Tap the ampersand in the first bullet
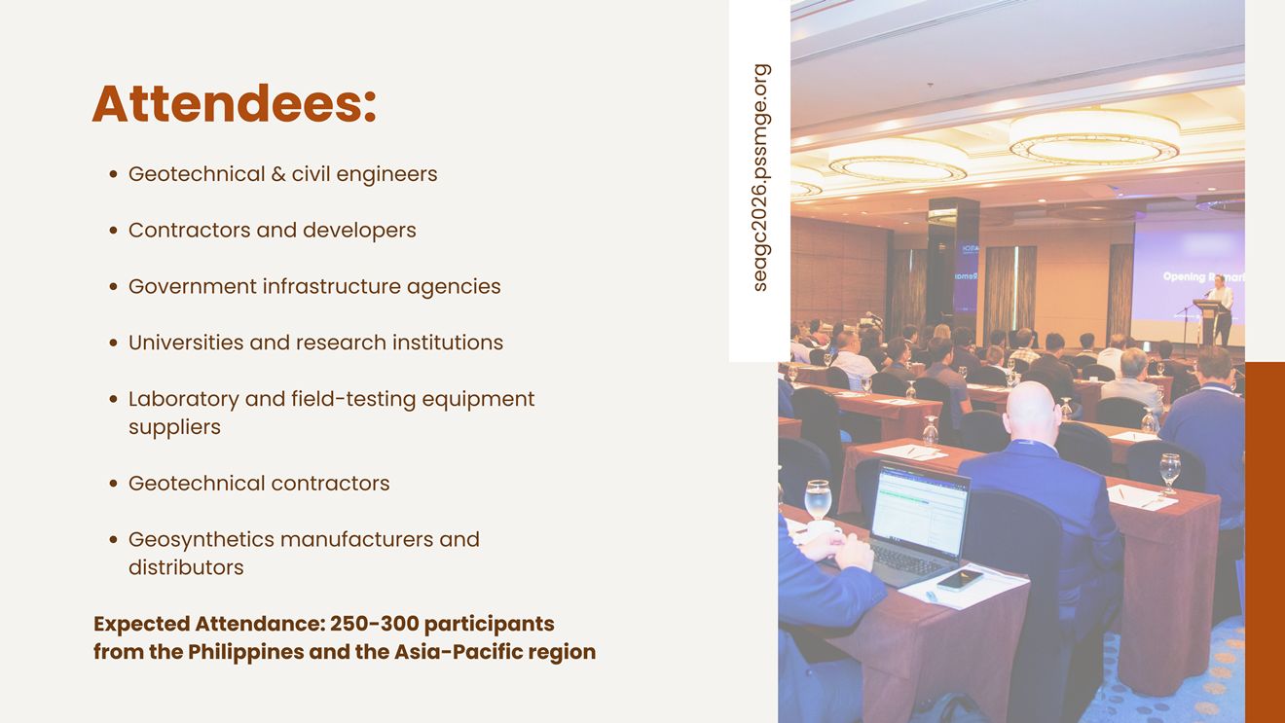pos(278,174)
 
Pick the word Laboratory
pos(183,400)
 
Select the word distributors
pos(186,567)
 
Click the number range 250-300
pos(374,624)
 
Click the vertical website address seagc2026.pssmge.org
pos(760,178)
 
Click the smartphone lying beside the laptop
pos(960,580)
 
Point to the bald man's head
pos(1030,411)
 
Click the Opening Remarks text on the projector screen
pos(1203,277)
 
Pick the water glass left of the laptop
pos(818,500)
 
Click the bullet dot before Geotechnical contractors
pos(113,484)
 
